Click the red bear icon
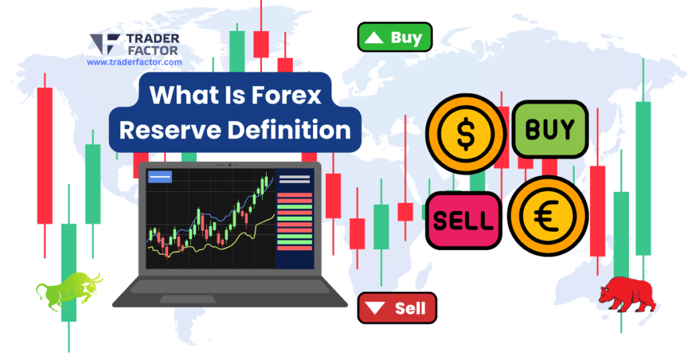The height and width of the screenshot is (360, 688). point(627,294)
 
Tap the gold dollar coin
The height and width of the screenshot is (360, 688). point(464,134)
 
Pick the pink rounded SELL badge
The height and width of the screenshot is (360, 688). point(464,220)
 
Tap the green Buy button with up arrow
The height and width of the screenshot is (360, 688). point(394,38)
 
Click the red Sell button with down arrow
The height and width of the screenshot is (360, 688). point(397,309)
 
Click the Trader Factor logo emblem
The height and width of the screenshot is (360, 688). point(105,44)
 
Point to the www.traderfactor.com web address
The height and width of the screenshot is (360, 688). point(134,62)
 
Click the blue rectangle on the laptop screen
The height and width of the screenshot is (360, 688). point(159,177)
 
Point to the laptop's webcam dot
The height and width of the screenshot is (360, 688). point(230,164)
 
